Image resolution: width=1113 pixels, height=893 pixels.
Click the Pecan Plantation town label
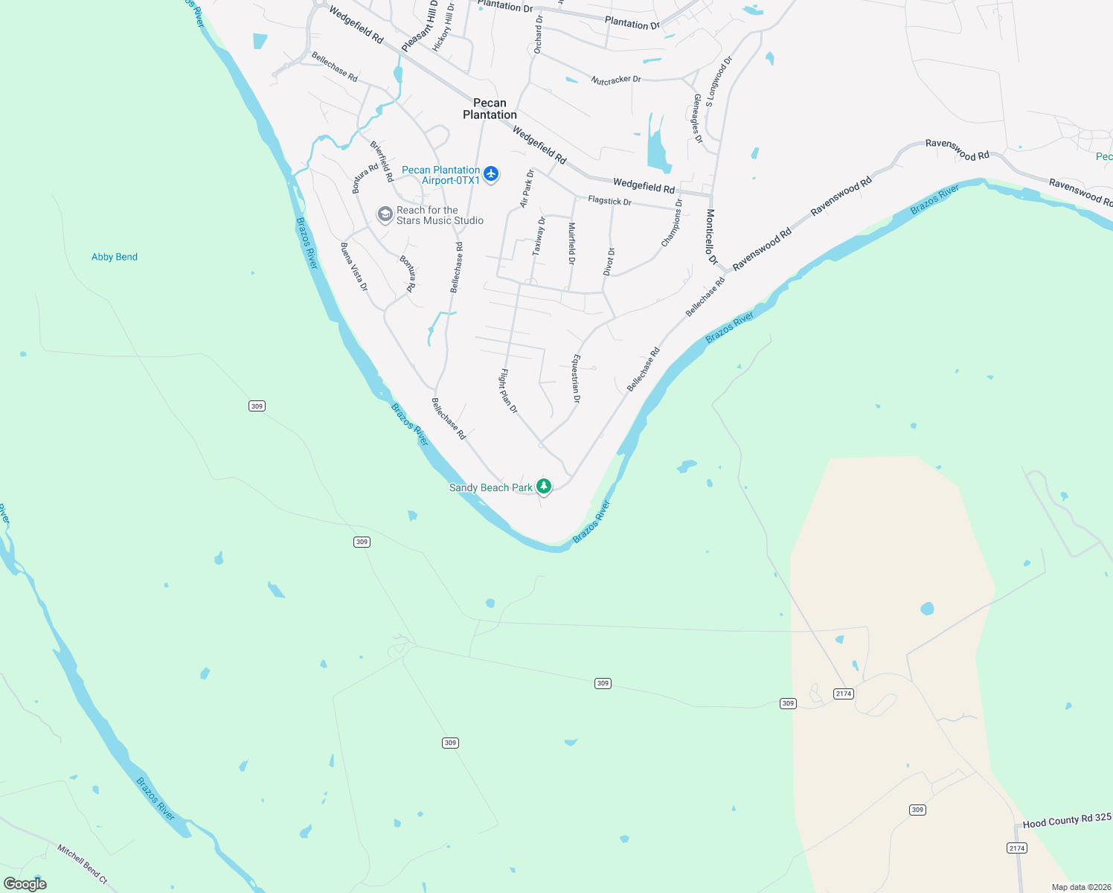point(490,109)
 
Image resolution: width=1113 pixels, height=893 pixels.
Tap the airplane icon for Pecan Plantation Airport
point(490,174)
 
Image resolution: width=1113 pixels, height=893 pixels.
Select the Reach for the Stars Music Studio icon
point(385,215)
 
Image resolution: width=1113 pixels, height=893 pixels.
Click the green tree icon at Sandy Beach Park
point(544,487)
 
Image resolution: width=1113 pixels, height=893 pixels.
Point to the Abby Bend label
point(115,257)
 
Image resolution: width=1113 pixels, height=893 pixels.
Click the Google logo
point(25,883)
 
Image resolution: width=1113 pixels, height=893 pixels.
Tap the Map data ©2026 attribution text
point(1080,887)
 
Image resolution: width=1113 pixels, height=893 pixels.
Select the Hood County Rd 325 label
point(1067,820)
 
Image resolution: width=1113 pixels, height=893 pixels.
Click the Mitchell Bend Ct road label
point(83,864)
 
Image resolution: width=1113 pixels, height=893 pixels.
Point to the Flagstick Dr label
point(609,201)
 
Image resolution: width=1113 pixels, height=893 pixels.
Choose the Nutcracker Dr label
point(616,80)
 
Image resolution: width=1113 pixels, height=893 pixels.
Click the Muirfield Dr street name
point(571,243)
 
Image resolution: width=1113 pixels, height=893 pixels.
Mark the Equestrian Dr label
point(575,379)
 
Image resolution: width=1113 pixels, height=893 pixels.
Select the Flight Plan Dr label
point(508,391)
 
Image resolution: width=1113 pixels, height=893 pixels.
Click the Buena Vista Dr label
point(354,266)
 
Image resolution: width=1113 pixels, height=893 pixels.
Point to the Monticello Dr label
point(711,237)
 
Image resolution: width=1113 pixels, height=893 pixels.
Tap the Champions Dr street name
point(672,223)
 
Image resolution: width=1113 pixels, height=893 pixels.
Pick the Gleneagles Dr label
point(698,118)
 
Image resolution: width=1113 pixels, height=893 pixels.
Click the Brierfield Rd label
point(382,161)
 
